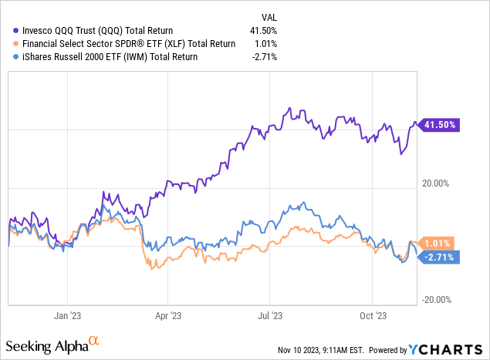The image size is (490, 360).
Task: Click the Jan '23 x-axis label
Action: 67,315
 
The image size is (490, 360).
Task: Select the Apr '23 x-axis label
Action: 168,315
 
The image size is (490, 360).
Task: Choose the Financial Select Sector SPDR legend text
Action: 117,43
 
